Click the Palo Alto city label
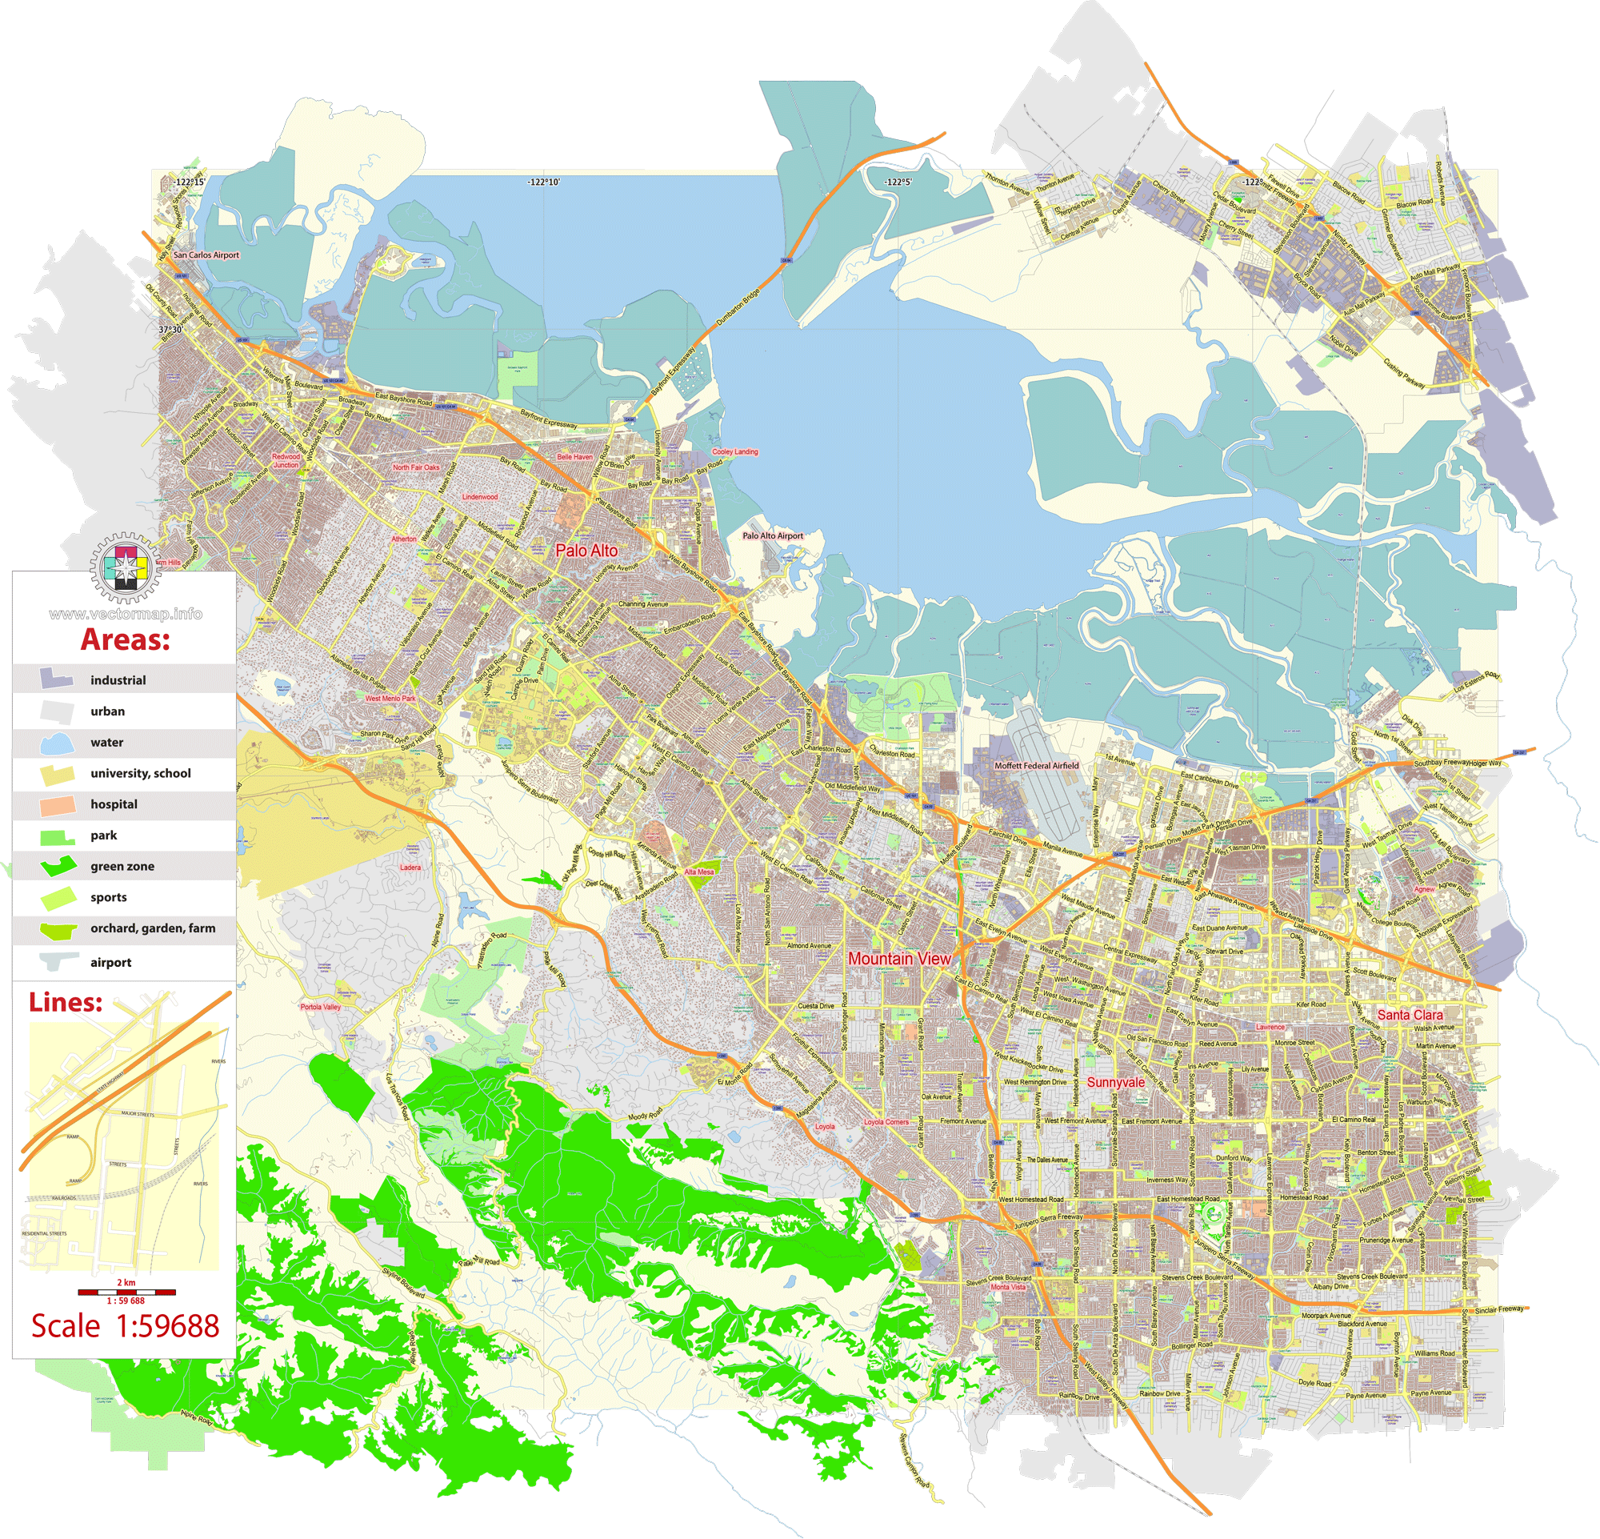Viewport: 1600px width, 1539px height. tap(586, 551)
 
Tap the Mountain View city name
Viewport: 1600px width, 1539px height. tap(898, 959)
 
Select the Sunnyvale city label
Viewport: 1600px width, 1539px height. tap(1115, 1083)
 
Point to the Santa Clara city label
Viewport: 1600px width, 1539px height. tap(1410, 1015)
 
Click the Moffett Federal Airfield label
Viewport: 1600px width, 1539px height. tap(1036, 766)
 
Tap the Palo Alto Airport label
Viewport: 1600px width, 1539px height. tap(772, 536)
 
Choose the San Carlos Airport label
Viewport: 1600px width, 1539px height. tap(206, 254)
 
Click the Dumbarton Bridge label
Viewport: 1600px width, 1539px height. tap(738, 308)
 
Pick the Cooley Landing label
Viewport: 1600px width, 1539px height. tap(734, 451)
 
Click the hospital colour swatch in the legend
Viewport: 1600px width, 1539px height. tap(57, 805)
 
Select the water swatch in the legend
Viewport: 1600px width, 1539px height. tap(57, 743)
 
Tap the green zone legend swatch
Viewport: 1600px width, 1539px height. tap(57, 866)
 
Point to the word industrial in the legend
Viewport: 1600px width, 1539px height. tap(118, 681)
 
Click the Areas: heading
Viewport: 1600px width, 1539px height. tap(125, 640)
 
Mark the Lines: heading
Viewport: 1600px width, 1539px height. tap(66, 1003)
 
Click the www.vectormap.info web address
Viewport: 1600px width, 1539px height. tap(125, 614)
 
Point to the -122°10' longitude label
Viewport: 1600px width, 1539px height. tap(544, 182)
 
